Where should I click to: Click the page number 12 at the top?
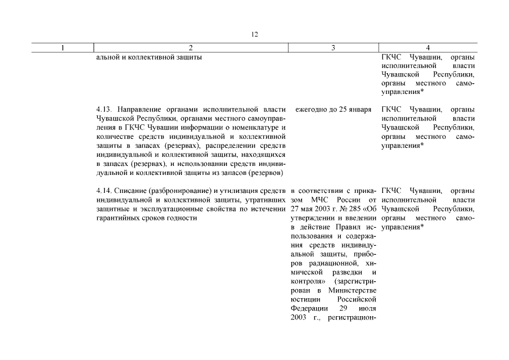[x=254, y=34]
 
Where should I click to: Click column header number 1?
[x=62, y=48]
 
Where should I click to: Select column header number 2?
[x=191, y=48]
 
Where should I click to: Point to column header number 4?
[x=428, y=48]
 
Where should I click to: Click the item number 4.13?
[x=103, y=109]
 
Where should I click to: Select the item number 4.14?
[x=103, y=191]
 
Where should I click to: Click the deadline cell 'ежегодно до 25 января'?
[x=333, y=109]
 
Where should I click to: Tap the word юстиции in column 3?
[x=304, y=299]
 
